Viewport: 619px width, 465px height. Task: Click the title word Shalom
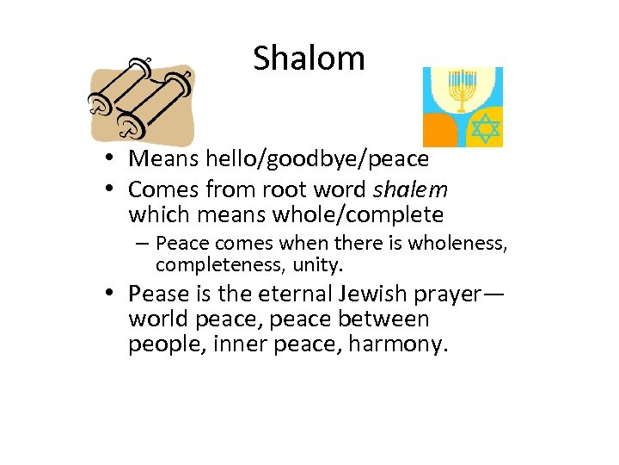309,59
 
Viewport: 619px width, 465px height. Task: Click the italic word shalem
416,189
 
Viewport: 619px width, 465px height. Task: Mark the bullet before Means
113,159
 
